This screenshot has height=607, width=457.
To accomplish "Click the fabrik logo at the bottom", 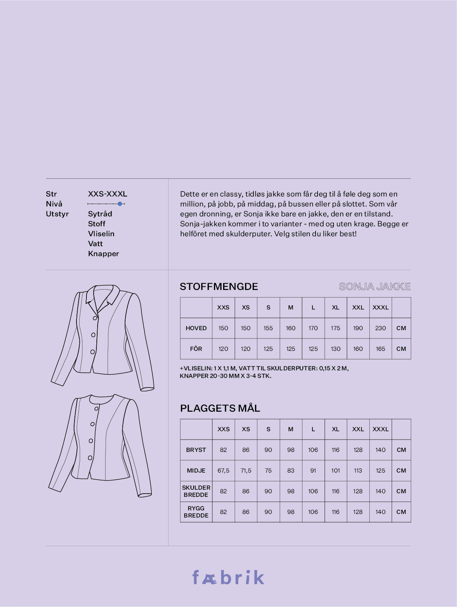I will pyautogui.click(x=228, y=578).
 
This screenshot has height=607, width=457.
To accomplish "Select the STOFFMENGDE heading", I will pyautogui.click(x=219, y=286).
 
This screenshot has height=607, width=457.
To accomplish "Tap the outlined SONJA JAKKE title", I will pyautogui.click(x=375, y=286).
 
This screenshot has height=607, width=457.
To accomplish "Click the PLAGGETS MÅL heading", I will pyautogui.click(x=220, y=408).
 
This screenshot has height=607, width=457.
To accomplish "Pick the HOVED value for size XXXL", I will pyautogui.click(x=381, y=328).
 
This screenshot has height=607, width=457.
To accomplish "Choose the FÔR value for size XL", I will pyautogui.click(x=335, y=349).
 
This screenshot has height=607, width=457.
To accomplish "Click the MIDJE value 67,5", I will pyautogui.click(x=224, y=471).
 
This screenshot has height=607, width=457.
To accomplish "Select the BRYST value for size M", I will pyautogui.click(x=291, y=450).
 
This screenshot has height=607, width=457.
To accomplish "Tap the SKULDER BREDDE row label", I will pyautogui.click(x=196, y=491).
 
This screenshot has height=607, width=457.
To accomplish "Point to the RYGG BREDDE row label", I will pyautogui.click(x=196, y=512).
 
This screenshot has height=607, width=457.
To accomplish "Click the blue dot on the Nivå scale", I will pyautogui.click(x=120, y=204).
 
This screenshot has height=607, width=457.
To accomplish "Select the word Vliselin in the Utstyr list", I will pyautogui.click(x=101, y=234).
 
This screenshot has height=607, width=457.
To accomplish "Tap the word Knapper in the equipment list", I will pyautogui.click(x=104, y=254).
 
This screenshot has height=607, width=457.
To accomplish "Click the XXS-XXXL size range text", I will pyautogui.click(x=108, y=194).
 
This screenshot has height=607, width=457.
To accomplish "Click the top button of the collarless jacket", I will pyautogui.click(x=96, y=409).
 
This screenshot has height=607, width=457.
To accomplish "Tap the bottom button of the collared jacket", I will pyautogui.click(x=92, y=352).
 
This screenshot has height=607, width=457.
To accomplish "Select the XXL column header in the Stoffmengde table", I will pyautogui.click(x=358, y=307).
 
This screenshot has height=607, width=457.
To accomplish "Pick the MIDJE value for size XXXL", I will pyautogui.click(x=381, y=471).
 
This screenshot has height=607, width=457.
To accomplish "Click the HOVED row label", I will pyautogui.click(x=196, y=328).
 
